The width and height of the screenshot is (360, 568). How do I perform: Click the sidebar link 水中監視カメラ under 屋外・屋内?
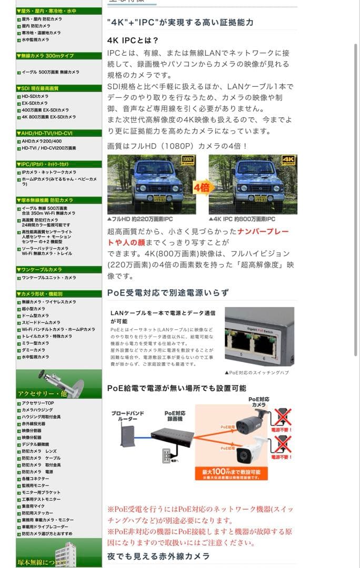pyautogui.click(x=35, y=39)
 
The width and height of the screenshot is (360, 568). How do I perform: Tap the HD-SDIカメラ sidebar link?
pyautogui.click(x=35, y=96)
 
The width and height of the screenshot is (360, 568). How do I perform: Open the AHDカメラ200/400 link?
pyautogui.click(x=42, y=141)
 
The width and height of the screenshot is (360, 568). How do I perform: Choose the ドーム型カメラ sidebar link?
pyautogui.click(x=35, y=316)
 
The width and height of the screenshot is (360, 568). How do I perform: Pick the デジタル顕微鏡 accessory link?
pyautogui.click(x=35, y=444)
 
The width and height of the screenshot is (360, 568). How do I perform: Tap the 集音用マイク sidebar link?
pyautogui.click(x=34, y=506)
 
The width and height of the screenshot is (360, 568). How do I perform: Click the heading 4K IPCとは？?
pyautogui.click(x=133, y=40)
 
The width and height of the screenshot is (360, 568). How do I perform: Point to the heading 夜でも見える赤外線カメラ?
pyautogui.click(x=158, y=556)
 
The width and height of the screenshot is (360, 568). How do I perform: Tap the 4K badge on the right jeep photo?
pyautogui.click(x=289, y=160)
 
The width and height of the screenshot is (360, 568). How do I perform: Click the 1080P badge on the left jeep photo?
pyautogui.click(x=188, y=159)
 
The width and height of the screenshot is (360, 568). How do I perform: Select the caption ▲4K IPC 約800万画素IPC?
pyautogui.click(x=242, y=219)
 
